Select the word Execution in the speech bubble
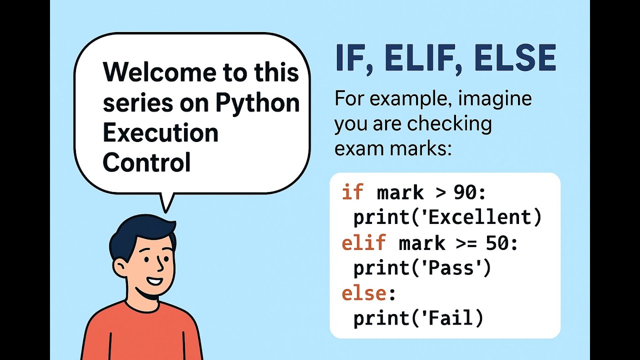point(160,133)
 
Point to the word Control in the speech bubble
point(147,163)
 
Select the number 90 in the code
point(464,192)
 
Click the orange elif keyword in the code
point(363,243)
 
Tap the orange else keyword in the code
point(363,293)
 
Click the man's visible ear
point(120,265)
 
